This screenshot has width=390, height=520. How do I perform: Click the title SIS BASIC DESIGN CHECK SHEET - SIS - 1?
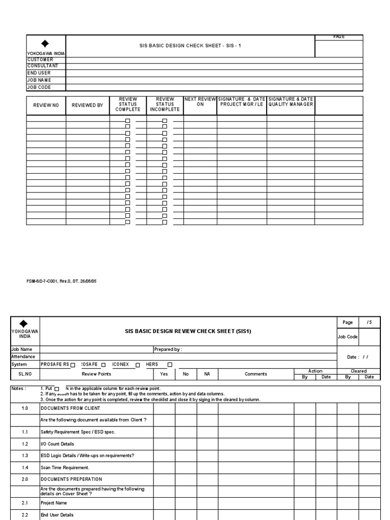[190, 46]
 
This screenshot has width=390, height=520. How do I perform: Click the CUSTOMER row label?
[40, 60]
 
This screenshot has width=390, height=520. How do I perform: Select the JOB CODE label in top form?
[39, 87]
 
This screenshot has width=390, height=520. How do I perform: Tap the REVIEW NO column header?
[46, 105]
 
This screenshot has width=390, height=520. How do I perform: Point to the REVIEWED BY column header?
[87, 105]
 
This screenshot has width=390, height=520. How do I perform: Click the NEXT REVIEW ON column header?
[200, 102]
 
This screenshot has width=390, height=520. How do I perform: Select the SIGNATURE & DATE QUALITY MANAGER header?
[290, 102]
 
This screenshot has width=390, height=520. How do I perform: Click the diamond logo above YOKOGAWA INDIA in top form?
[45, 44]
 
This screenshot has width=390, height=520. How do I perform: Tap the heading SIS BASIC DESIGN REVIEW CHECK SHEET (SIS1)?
[188, 332]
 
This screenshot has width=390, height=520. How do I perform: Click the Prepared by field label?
[168, 349]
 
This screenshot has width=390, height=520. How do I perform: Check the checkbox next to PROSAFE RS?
[73, 365]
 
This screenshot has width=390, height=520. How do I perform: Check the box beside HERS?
[170, 365]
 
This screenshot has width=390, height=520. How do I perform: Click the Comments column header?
[255, 374]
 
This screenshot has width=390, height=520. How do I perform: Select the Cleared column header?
[359, 371]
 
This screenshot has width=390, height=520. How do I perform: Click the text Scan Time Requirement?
[64, 467]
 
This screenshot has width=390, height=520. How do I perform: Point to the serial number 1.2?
[25, 444]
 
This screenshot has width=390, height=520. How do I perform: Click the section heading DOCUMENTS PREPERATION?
[71, 479]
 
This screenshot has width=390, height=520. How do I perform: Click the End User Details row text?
[57, 514]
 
